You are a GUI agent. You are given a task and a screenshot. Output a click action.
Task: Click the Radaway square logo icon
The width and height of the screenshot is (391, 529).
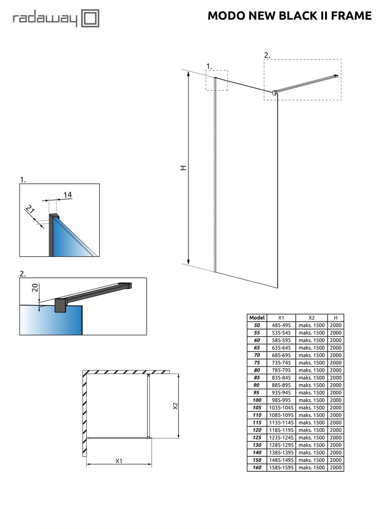click(x=90, y=19)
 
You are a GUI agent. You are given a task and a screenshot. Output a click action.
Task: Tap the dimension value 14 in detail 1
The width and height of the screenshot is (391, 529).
click(x=68, y=195)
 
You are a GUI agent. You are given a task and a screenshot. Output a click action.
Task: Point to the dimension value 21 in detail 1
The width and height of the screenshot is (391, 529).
click(x=30, y=210)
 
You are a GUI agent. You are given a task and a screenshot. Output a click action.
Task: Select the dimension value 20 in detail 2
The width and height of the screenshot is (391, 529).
click(x=36, y=287)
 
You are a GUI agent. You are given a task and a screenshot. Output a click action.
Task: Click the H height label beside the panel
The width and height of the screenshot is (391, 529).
click(x=183, y=167)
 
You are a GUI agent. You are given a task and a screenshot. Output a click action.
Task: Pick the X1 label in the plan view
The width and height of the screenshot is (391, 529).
click(x=119, y=460)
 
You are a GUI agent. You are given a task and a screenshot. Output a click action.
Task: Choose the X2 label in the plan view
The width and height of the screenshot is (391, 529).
click(x=175, y=406)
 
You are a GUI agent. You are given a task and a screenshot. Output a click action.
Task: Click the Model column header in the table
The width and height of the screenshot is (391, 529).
click(x=257, y=318)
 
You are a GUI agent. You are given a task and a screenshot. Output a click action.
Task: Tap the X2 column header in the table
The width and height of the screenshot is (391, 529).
click(x=312, y=318)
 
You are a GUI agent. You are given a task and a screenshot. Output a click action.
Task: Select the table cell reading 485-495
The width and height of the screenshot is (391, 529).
click(x=281, y=325)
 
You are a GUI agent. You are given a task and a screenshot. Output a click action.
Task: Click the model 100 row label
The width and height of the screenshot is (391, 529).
click(x=257, y=400)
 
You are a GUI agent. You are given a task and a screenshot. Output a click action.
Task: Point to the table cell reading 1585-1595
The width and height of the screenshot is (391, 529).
click(x=281, y=467)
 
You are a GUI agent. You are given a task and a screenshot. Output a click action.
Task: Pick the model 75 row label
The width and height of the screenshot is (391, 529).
click(x=257, y=362)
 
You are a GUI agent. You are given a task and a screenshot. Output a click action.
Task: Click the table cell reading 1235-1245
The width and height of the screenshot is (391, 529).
click(x=281, y=437)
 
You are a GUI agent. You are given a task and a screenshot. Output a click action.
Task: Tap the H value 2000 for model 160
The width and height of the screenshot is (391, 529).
click(x=336, y=467)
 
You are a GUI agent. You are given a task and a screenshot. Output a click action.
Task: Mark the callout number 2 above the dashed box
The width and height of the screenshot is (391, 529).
click(x=267, y=55)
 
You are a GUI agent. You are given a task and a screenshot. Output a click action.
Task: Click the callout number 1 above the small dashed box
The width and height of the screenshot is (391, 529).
click(x=209, y=66)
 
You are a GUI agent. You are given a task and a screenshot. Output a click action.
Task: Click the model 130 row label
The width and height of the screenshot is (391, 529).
click(x=257, y=445)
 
